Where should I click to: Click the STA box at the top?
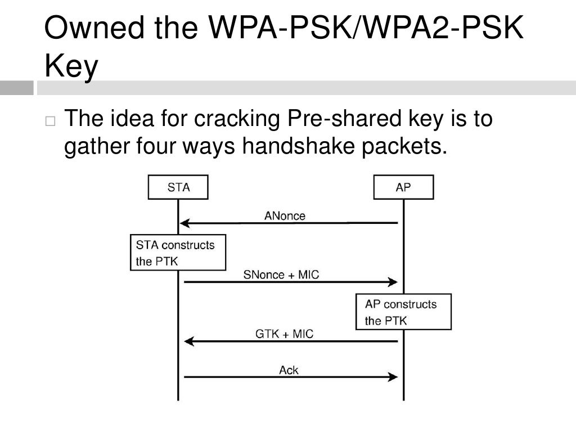178,187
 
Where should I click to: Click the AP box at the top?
403,187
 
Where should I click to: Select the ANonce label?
285,215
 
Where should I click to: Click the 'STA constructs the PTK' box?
178,253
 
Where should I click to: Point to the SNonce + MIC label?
281,274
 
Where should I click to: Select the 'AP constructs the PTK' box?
403,312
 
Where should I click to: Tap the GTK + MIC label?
284,334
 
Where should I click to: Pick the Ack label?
289,370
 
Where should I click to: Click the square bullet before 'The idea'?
51,121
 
